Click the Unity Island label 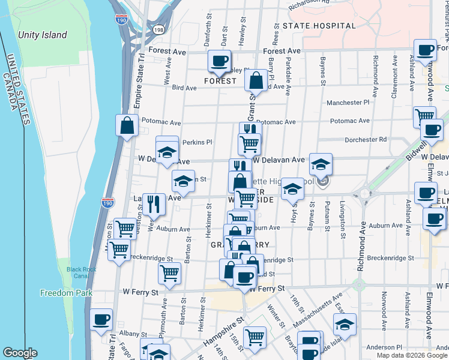click(x=42, y=35)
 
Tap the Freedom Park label click(x=65, y=293)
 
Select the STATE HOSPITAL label click(x=319, y=26)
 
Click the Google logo click(x=20, y=353)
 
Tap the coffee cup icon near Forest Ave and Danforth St click(x=219, y=60)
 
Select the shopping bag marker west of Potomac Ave click(x=127, y=125)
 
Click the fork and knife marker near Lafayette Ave click(x=154, y=203)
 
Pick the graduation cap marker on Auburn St click(x=183, y=180)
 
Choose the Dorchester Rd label click(x=365, y=140)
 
